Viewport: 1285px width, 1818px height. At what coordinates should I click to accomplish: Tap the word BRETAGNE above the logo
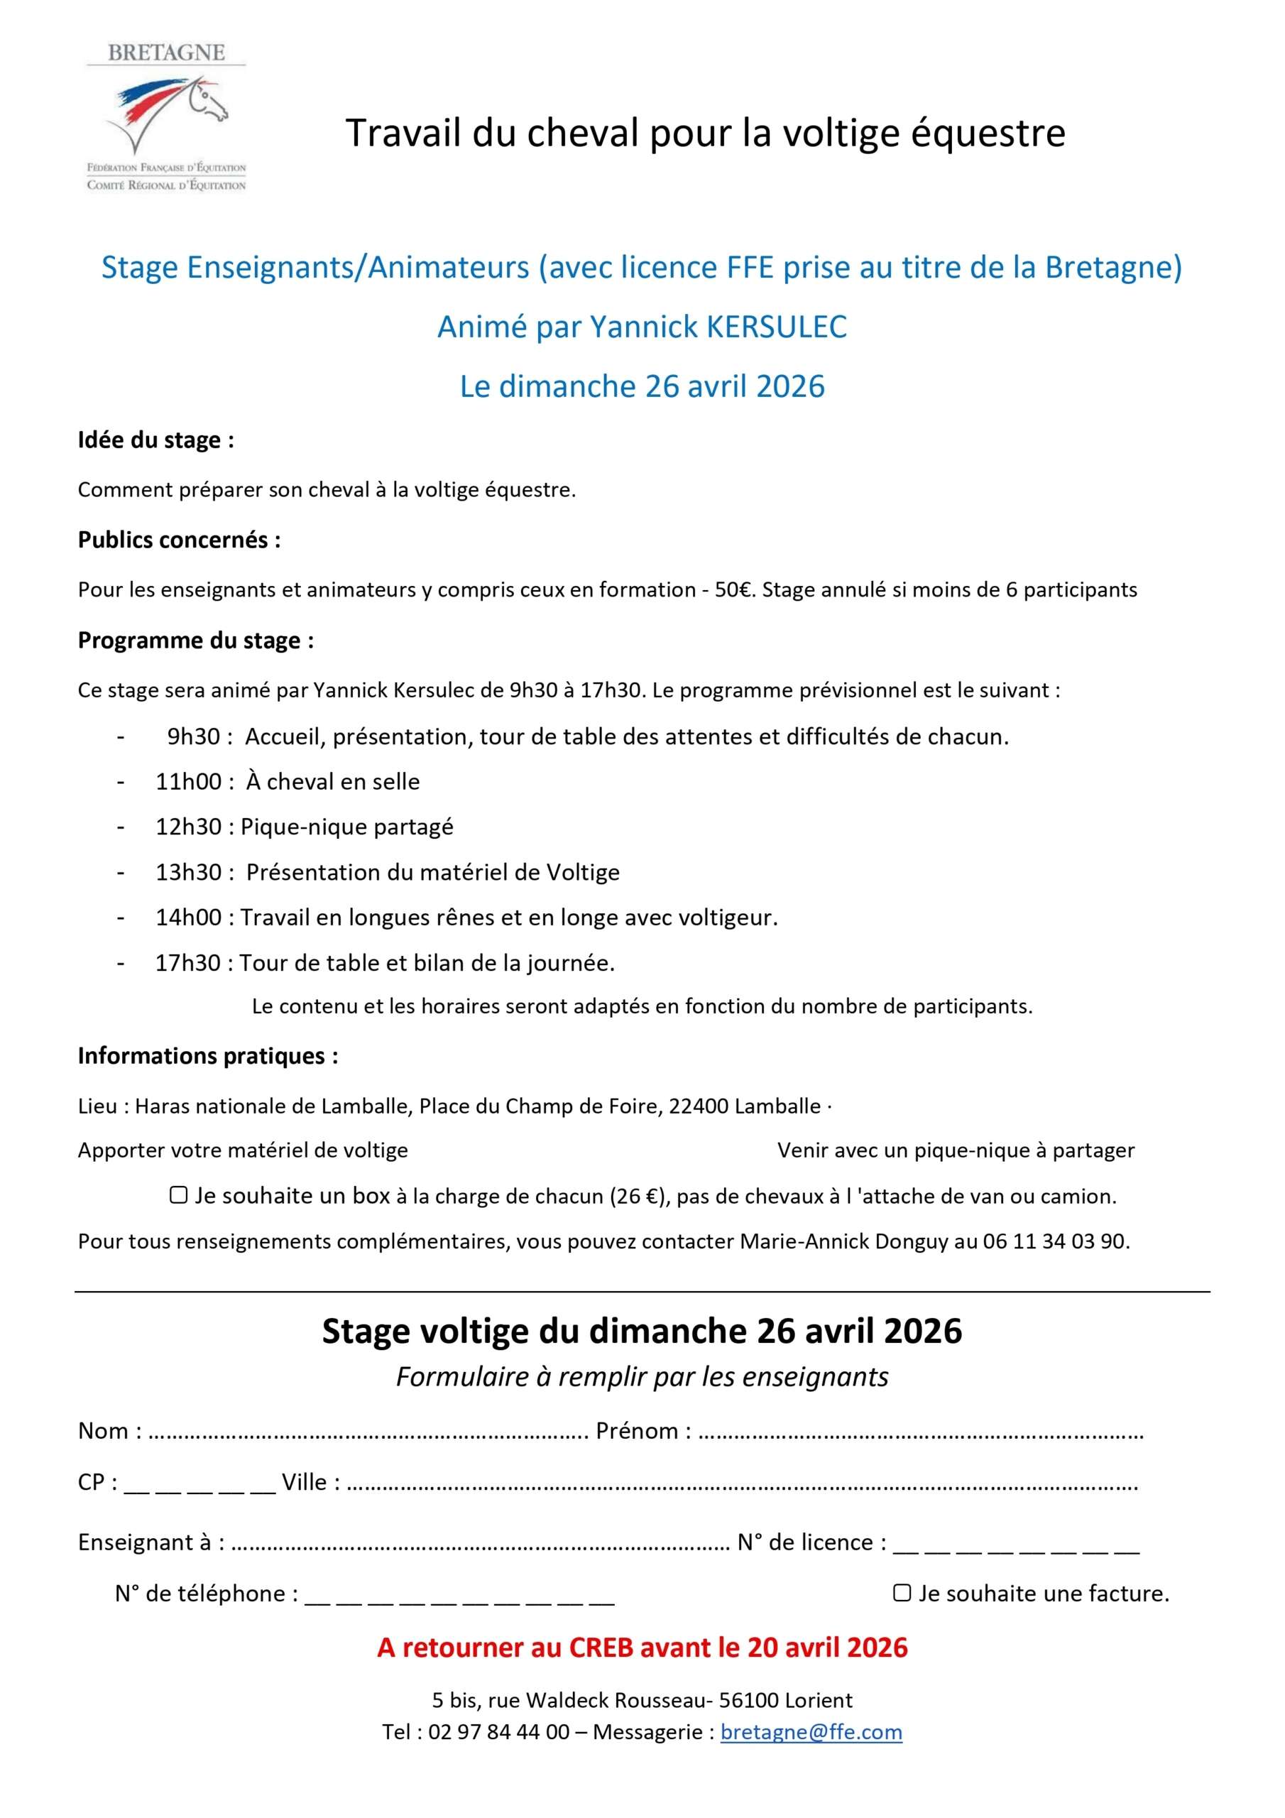pos(166,53)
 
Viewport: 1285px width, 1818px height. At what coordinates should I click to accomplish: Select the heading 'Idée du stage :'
pos(156,440)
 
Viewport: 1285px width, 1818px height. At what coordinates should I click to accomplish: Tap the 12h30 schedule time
pos(187,827)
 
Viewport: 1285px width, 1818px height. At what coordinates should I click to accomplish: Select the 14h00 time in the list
pos(187,918)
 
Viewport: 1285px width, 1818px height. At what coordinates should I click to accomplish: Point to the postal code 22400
pos(699,1106)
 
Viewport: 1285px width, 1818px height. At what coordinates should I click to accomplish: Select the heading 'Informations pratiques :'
pos(208,1055)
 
